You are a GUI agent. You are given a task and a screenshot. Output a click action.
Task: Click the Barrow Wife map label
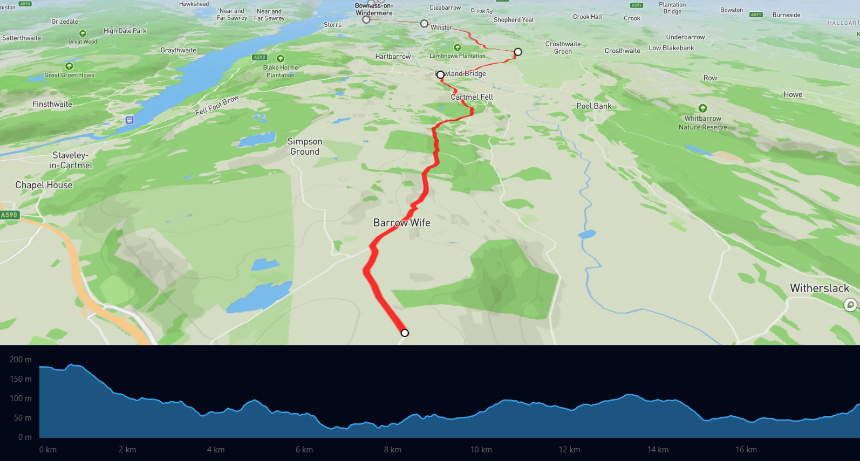coord(401,223)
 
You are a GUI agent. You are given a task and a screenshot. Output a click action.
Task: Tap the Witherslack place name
coord(819,288)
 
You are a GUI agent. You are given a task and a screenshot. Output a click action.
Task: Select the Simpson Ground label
coord(305,147)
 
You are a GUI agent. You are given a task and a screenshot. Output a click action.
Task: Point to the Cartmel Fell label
coord(472,97)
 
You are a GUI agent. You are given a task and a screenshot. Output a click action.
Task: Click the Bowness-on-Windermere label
coord(374,9)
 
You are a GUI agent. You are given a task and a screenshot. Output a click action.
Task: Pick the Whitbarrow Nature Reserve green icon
coord(702,108)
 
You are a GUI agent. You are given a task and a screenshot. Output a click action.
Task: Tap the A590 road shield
coord(9,215)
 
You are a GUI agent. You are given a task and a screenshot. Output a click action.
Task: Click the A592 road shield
coord(260,57)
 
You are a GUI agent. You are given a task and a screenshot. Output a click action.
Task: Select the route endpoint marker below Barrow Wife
coord(405,333)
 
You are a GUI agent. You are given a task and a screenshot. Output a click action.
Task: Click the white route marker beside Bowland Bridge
coord(440,74)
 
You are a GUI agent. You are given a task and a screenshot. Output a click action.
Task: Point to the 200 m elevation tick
coord(21,360)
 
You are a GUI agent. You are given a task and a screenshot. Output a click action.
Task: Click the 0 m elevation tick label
coord(25,437)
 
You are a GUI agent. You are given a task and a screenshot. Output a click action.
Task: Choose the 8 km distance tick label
coord(392,450)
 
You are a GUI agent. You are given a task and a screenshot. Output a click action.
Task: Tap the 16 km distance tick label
coord(746,450)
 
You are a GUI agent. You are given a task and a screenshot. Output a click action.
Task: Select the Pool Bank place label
coord(593,106)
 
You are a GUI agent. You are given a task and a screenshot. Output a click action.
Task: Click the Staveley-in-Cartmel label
coord(71,160)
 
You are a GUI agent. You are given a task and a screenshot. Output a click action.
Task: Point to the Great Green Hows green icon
coord(69,66)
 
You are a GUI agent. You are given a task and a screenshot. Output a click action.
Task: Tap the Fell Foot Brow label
coord(217,105)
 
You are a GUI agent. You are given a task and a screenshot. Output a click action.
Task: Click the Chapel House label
coord(44,185)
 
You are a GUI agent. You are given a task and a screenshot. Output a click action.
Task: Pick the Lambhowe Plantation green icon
coord(457,47)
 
